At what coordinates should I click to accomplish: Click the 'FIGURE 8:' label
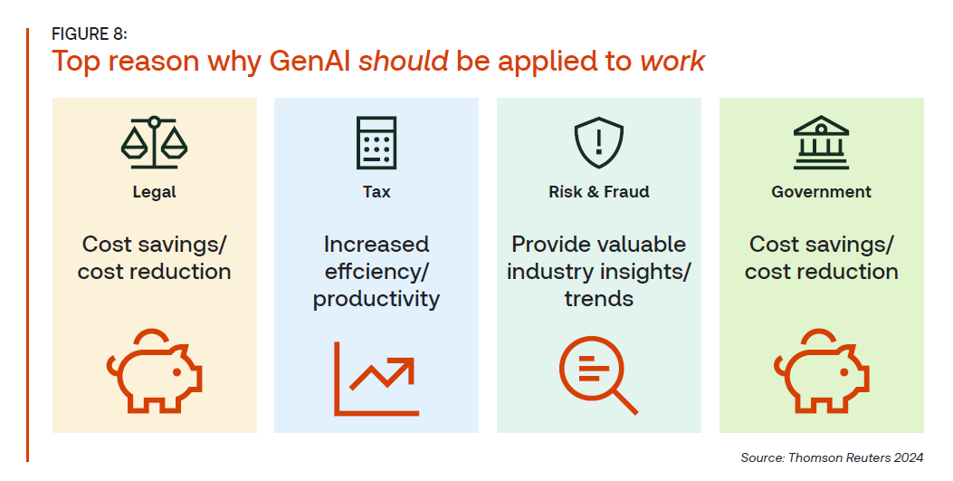coord(90,34)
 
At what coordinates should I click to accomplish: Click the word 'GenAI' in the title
coord(310,61)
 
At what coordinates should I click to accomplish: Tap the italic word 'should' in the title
coord(404,61)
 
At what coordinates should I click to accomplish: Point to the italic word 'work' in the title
coord(672,61)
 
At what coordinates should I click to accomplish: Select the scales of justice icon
coord(155,142)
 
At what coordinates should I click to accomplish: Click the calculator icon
coord(376,143)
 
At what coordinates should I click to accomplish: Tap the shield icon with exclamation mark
coord(598,142)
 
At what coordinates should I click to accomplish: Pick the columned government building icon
coord(821,142)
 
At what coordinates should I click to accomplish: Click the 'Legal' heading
coord(155,192)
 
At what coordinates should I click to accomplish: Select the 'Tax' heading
coord(376,192)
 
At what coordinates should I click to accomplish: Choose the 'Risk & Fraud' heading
coord(598,192)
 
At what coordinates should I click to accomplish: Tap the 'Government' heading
coord(821,192)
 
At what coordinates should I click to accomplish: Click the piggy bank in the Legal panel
coord(155,370)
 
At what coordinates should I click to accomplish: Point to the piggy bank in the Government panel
coord(821,370)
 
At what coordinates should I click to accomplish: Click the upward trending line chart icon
coord(376,379)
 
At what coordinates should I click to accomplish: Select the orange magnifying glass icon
coord(598,376)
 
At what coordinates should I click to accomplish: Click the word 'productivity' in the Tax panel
coord(376,299)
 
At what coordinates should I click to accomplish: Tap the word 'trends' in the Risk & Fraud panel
coord(598,299)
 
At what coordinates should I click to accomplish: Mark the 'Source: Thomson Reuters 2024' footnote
coord(832,457)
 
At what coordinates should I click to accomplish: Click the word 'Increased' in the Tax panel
coord(376,245)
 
